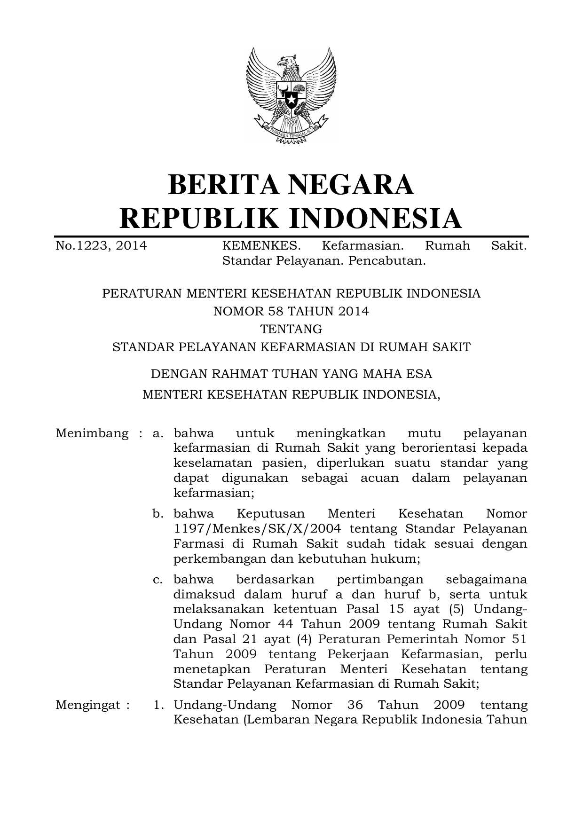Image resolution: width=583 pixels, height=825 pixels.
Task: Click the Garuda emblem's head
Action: (x=287, y=62)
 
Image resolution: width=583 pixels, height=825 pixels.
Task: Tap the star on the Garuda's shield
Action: (x=291, y=100)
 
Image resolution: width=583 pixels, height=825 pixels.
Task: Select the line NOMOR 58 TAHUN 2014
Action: (x=291, y=311)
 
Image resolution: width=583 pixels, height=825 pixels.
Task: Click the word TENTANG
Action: (x=291, y=329)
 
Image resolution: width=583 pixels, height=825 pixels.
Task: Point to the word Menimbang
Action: (x=92, y=433)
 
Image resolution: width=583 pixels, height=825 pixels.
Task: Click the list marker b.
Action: (x=158, y=514)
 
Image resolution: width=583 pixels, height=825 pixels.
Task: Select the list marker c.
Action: (x=158, y=579)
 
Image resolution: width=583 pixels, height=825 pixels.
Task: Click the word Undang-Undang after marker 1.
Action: (x=225, y=705)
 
